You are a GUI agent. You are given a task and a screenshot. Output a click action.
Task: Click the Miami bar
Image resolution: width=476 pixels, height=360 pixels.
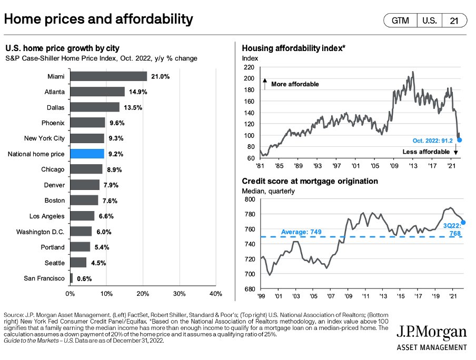(x=108, y=76)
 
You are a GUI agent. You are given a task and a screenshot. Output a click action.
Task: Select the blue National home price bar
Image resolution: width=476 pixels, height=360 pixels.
(x=87, y=154)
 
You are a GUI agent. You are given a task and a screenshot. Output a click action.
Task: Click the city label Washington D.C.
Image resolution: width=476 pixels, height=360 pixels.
(x=41, y=232)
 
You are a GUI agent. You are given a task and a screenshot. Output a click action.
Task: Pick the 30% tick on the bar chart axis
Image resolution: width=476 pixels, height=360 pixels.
(x=179, y=293)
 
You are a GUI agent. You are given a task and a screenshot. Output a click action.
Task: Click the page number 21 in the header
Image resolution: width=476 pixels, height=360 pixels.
(x=454, y=21)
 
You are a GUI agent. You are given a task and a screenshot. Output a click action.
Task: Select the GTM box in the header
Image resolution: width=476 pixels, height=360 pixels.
(x=400, y=21)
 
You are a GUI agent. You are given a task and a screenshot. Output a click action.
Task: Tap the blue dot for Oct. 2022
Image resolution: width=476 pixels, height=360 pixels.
(x=460, y=140)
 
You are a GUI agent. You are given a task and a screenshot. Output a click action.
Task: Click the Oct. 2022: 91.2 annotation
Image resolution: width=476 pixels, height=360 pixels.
(x=435, y=140)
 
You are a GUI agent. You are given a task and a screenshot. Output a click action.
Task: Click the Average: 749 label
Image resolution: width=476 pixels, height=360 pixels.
(x=301, y=232)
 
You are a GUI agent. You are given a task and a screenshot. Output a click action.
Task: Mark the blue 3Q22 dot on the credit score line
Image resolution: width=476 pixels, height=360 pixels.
(x=463, y=223)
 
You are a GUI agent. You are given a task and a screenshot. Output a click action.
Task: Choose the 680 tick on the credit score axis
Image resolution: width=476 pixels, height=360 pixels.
(x=249, y=289)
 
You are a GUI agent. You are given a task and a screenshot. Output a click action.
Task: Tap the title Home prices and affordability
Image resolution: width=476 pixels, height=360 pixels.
(x=98, y=20)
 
